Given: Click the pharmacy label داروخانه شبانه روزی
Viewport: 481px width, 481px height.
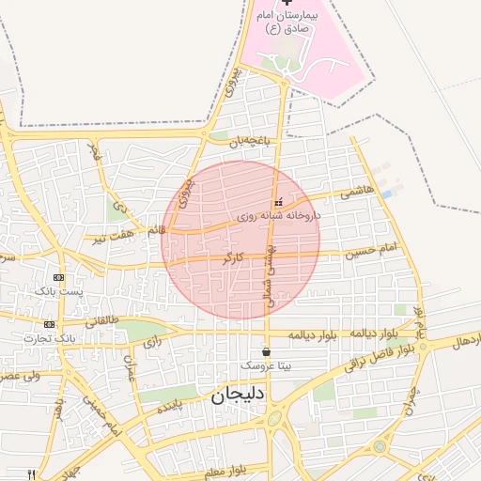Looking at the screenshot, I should tap(279, 216).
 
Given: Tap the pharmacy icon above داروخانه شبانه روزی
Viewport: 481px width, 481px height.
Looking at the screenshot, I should tap(277, 202).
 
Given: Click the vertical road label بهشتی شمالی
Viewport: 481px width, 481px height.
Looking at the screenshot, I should tap(266, 272).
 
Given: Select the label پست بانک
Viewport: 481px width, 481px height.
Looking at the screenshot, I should tap(58, 292).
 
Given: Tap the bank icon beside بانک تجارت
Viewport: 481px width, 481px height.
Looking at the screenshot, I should tap(49, 323).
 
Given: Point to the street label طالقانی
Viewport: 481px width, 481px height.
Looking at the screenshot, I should tap(102, 320).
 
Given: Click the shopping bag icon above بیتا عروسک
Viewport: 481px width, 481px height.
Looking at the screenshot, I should tap(267, 351).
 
